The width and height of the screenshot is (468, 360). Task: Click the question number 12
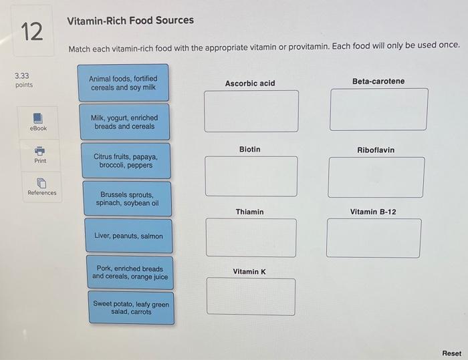[31, 31]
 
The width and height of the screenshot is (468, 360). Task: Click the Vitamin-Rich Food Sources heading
[130, 20]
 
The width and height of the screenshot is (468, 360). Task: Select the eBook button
[38, 122]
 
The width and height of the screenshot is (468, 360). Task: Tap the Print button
[40, 154]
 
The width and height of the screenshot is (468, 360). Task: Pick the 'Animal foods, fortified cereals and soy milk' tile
[123, 83]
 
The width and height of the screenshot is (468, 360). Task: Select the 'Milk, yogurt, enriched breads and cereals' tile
[124, 122]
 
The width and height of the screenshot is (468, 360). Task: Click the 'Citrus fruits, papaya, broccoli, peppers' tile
[126, 161]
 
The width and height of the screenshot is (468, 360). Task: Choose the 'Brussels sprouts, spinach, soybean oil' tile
[127, 198]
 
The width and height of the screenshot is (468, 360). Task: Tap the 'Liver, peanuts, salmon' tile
[128, 236]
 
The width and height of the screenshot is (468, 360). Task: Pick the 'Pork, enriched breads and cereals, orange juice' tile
[130, 273]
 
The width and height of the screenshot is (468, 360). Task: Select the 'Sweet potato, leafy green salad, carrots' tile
[130, 308]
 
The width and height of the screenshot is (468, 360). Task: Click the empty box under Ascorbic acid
[251, 110]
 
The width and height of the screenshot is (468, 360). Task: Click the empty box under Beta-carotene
[378, 109]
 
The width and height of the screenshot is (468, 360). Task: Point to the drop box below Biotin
[251, 176]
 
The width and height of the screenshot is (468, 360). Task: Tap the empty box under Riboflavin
[376, 177]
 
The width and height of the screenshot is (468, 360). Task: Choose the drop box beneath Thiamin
[251, 237]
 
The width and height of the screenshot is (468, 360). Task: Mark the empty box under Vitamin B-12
[374, 238]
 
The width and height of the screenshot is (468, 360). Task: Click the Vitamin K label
[249, 272]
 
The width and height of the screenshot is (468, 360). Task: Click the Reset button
[451, 353]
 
